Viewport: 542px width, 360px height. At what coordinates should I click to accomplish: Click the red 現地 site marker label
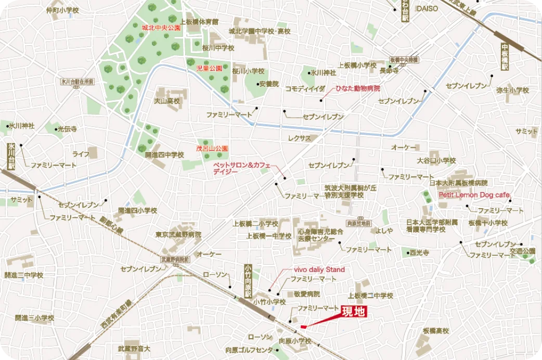click(x=354, y=312)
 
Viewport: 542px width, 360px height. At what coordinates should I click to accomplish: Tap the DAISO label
click(x=427, y=8)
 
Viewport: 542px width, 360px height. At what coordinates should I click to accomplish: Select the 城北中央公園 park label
click(x=161, y=28)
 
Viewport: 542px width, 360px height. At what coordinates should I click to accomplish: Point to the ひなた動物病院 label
click(x=357, y=88)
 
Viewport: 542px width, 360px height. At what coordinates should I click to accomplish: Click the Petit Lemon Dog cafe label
click(x=474, y=195)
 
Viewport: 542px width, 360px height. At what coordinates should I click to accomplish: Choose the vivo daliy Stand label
click(x=319, y=269)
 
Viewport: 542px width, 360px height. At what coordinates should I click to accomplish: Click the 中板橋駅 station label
click(x=504, y=60)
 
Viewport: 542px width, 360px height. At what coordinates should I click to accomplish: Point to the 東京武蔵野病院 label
click(x=178, y=235)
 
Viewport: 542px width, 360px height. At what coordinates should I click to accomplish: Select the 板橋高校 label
click(x=435, y=330)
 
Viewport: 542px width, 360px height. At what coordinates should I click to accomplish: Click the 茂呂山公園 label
click(x=212, y=148)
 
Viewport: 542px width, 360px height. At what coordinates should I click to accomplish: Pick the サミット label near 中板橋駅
click(x=526, y=132)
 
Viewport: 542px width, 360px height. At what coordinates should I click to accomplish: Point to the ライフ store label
click(x=81, y=154)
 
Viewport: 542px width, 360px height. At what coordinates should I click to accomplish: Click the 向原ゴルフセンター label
click(x=250, y=350)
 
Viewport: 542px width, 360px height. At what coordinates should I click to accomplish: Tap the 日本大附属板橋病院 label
click(x=458, y=183)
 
